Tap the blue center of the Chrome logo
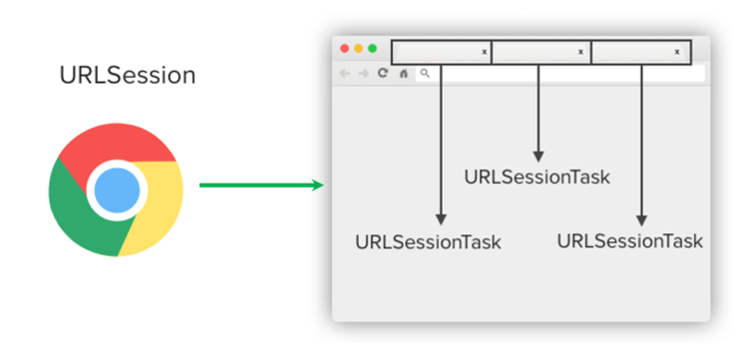[116, 189]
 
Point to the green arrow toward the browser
[261, 185]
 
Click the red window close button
[345, 48]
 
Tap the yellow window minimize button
[359, 48]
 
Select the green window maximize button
[372, 48]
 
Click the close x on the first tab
[484, 52]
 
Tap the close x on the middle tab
[580, 52]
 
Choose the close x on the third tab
[677, 52]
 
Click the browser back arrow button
[345, 73]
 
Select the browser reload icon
[383, 73]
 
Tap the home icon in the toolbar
[403, 73]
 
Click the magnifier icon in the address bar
[425, 73]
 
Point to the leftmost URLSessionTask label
[428, 242]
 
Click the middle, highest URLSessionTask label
[537, 178]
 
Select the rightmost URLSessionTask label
[629, 240]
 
